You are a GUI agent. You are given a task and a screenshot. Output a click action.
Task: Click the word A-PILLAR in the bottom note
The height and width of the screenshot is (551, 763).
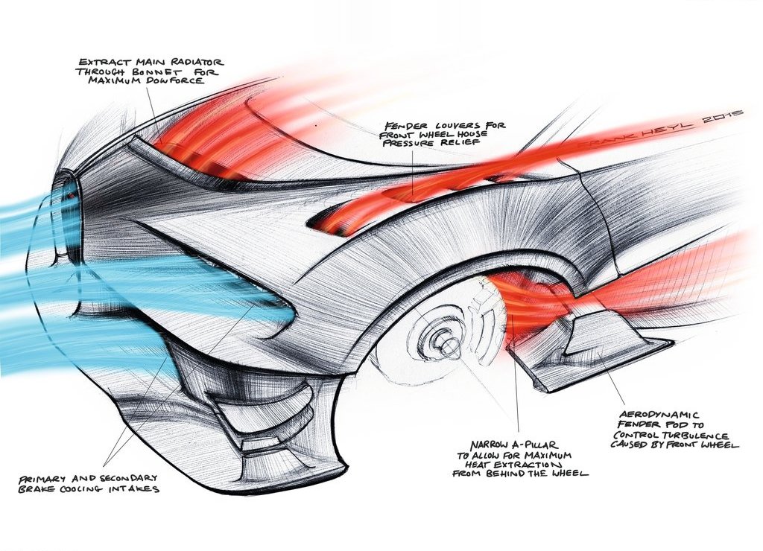tap(535, 445)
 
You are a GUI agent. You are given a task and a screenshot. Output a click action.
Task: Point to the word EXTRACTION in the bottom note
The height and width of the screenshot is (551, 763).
tap(532, 465)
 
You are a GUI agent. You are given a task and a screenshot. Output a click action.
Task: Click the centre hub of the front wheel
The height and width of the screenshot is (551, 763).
tap(444, 338)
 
